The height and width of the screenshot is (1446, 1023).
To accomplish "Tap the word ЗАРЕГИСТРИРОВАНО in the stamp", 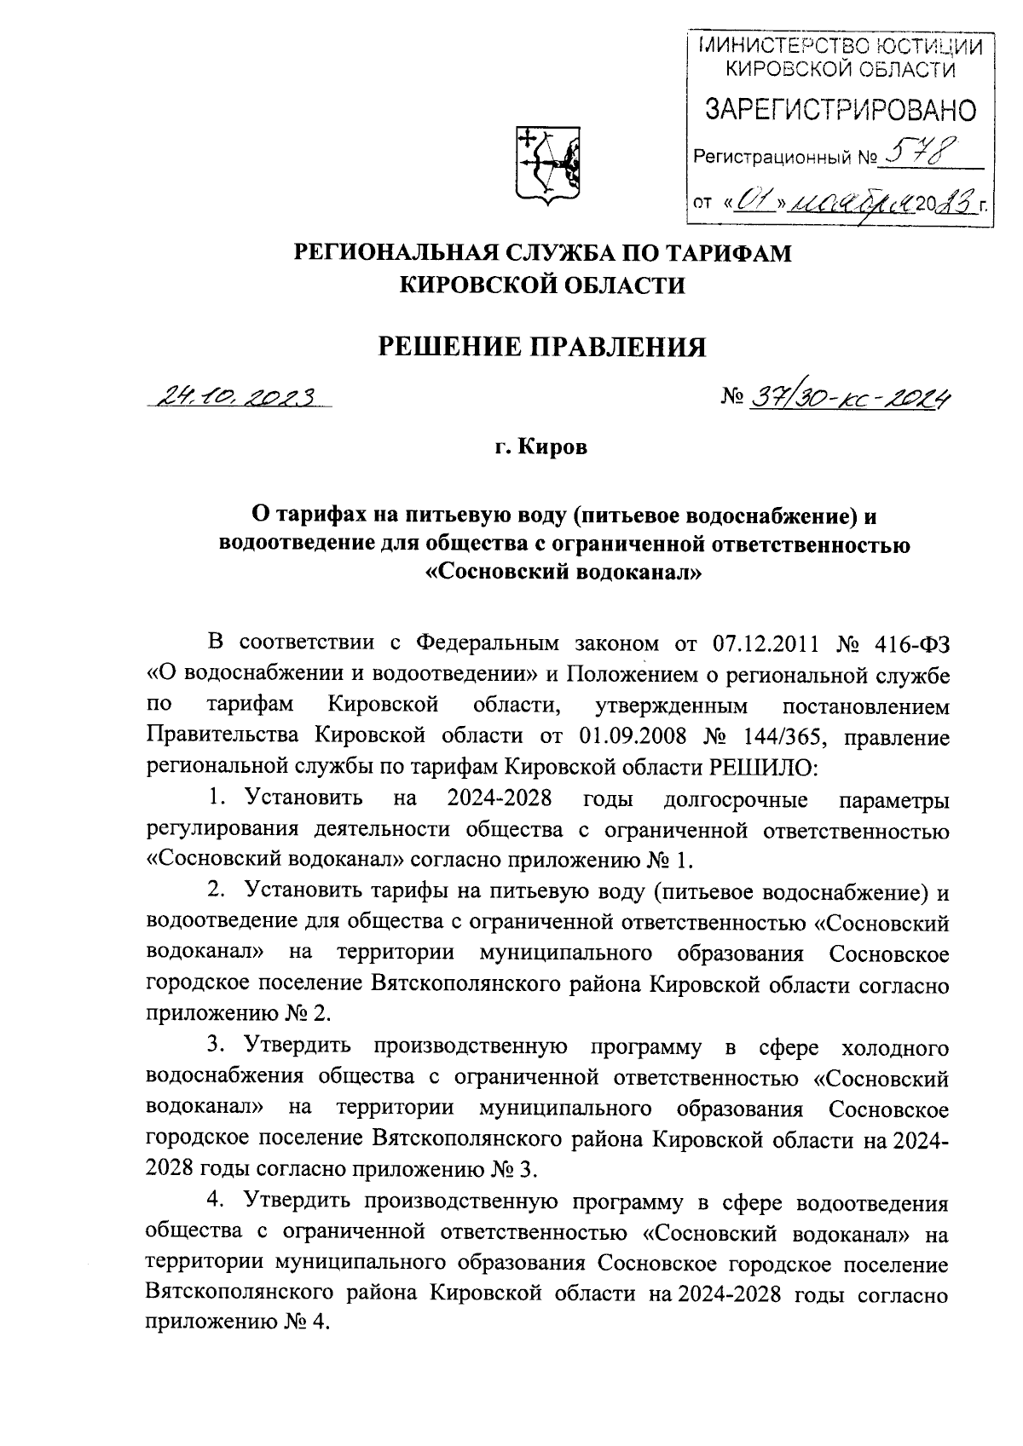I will pyautogui.click(x=840, y=110).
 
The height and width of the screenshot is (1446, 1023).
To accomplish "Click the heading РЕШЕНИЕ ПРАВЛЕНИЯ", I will pyautogui.click(x=542, y=347).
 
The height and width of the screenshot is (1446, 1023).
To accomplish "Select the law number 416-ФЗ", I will pyautogui.click(x=913, y=642).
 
